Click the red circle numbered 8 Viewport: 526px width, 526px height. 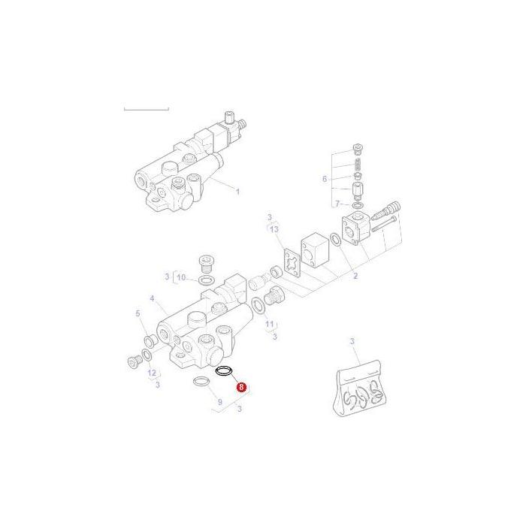(x=240, y=388)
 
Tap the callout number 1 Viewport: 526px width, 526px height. (x=237, y=191)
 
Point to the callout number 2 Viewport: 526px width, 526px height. (x=355, y=277)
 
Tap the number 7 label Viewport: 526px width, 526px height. (x=337, y=204)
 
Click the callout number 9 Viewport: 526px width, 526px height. (x=219, y=403)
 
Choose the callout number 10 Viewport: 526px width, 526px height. (x=181, y=278)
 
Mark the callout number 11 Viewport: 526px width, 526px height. (x=269, y=324)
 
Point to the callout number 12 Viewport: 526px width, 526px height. (x=152, y=373)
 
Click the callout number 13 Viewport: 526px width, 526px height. (x=274, y=228)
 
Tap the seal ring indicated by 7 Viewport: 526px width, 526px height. (x=357, y=204)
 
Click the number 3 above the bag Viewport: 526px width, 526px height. (x=352, y=343)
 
